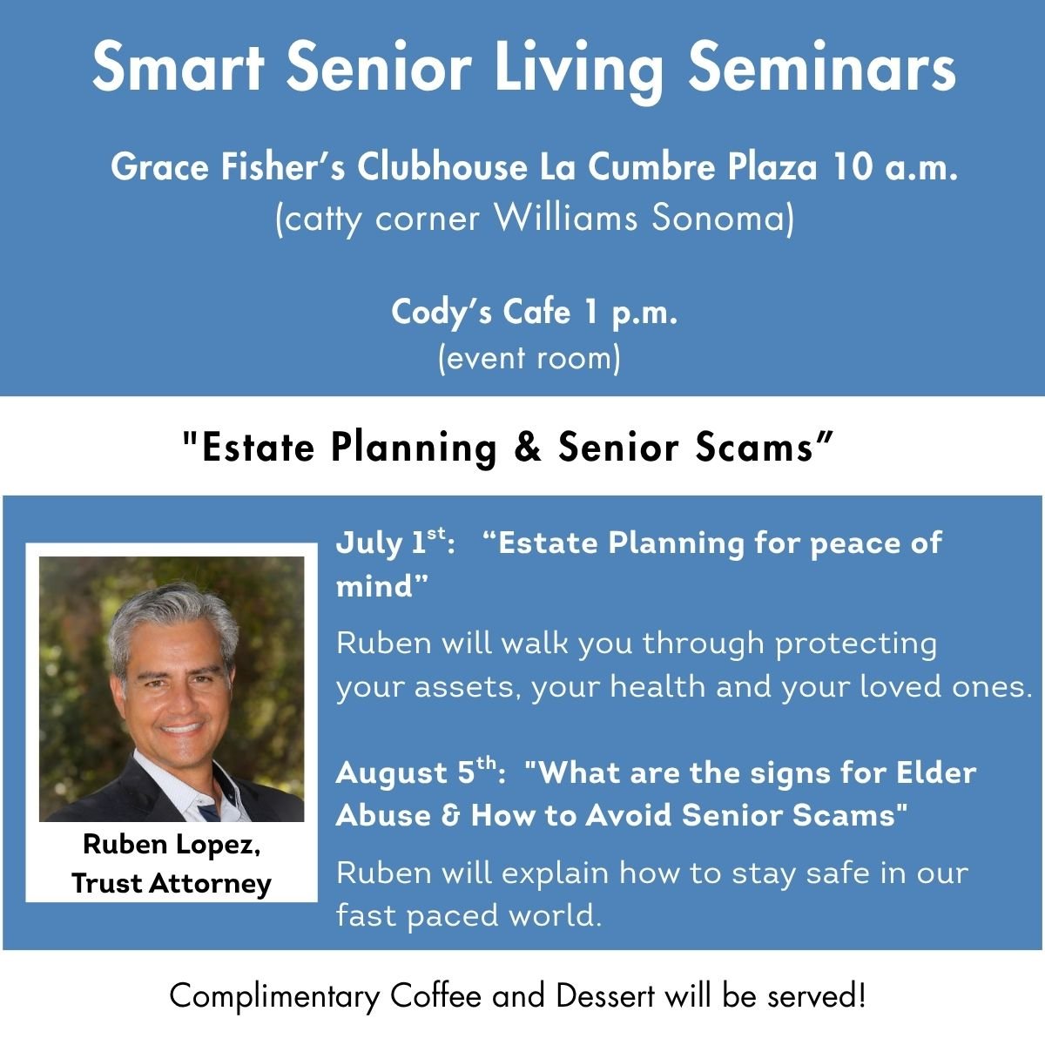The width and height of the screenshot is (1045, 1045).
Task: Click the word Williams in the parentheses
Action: [x=566, y=218]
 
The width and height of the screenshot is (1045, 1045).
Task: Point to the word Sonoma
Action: [x=718, y=218]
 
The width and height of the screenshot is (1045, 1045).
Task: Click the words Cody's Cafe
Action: [x=481, y=313]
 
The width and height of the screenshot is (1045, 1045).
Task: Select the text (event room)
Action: [x=529, y=359]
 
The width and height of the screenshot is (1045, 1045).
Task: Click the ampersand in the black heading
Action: [x=528, y=447]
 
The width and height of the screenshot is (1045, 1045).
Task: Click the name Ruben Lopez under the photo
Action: [x=172, y=846]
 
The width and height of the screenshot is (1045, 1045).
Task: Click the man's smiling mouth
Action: [x=182, y=728]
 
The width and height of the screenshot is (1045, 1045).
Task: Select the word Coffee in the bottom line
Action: [x=435, y=995]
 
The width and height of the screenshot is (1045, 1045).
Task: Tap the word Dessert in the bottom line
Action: [x=605, y=995]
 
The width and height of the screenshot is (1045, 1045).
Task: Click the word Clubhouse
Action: [x=442, y=166]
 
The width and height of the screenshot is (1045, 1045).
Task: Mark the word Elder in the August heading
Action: [x=936, y=772]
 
